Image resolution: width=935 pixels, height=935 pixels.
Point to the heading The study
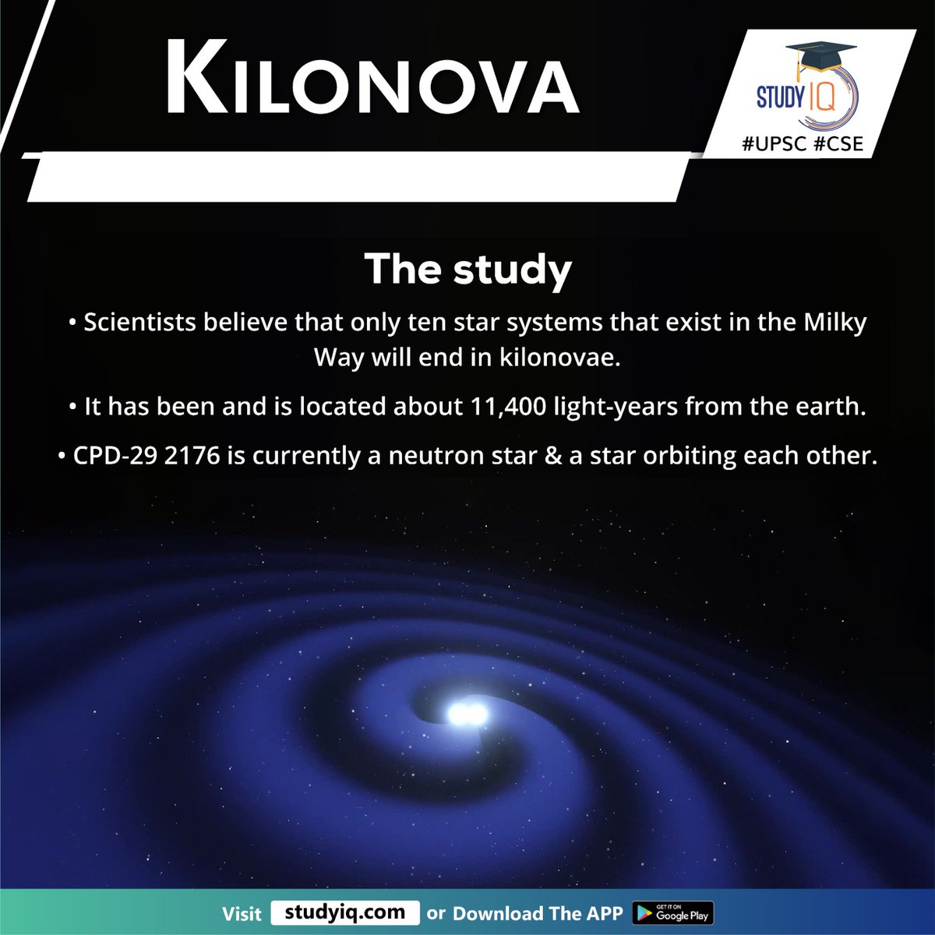tap(467, 269)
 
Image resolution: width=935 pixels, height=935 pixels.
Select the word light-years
tap(615, 407)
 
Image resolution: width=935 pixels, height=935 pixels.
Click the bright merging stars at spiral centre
tap(467, 713)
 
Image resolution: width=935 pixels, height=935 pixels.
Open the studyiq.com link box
tap(345, 912)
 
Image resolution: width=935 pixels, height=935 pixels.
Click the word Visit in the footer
tap(242, 913)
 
